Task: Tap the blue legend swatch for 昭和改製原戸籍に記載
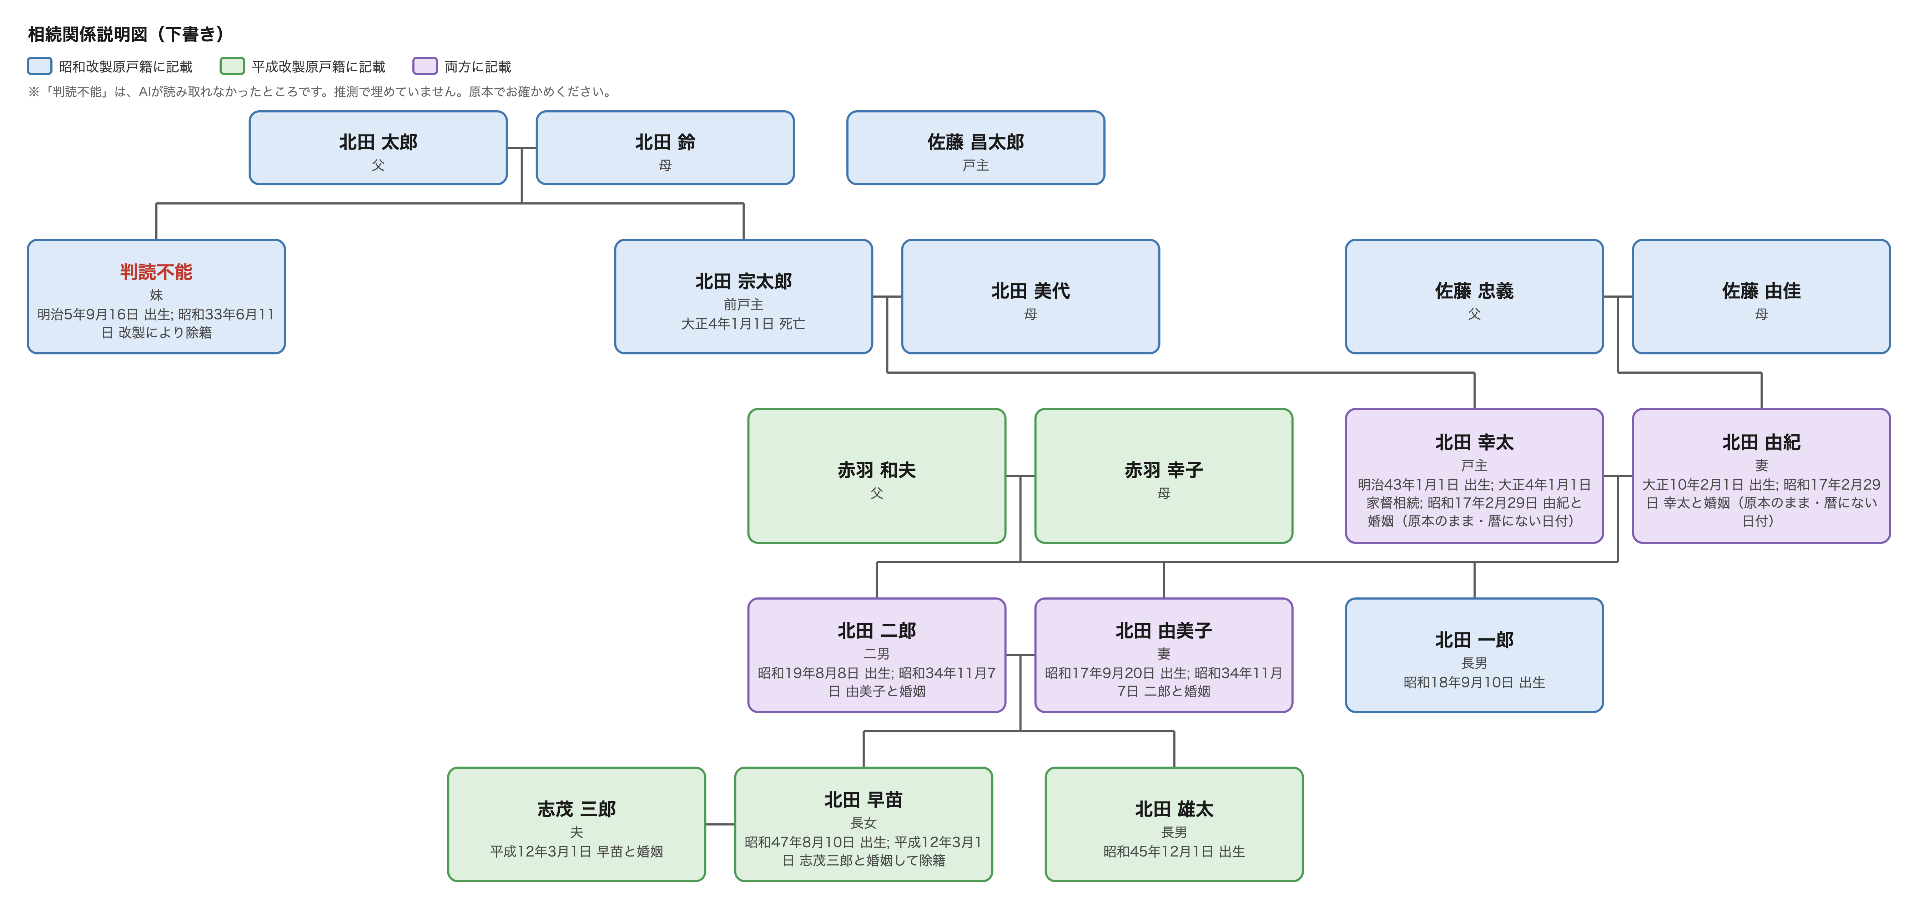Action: pos(40,66)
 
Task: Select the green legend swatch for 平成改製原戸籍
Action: pos(232,66)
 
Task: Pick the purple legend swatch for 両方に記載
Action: pos(425,66)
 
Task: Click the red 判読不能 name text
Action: pos(156,272)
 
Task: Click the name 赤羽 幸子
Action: pos(1164,470)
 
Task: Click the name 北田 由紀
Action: pos(1761,442)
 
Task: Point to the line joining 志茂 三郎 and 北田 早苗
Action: pos(720,824)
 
